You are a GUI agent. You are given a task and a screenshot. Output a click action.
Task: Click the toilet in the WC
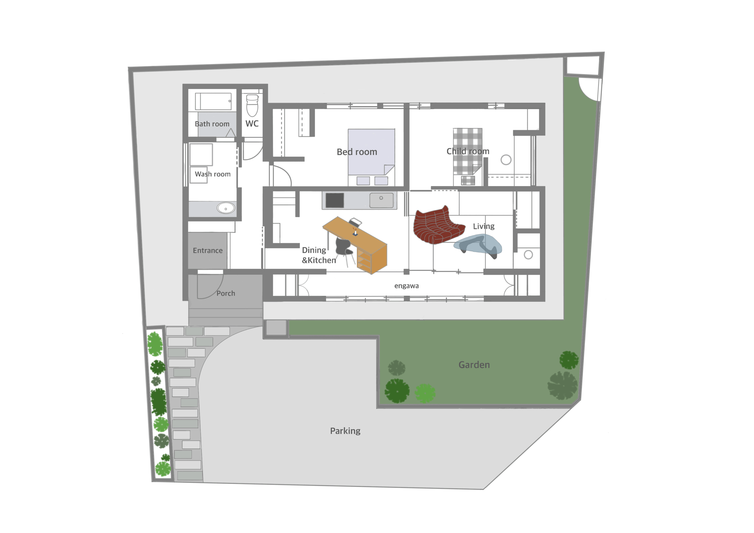[x=252, y=105]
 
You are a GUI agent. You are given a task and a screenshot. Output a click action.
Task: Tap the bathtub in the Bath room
[x=213, y=101]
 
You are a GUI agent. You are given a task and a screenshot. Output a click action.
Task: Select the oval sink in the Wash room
[x=226, y=208]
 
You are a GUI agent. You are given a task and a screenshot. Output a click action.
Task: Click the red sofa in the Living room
[x=438, y=225]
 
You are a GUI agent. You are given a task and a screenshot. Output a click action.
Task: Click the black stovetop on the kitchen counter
[x=335, y=200]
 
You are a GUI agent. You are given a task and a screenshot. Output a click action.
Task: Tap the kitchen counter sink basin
[x=381, y=200]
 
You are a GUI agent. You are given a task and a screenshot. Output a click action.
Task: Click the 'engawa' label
[x=406, y=286]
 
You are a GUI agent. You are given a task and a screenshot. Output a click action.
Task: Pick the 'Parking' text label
[x=345, y=431]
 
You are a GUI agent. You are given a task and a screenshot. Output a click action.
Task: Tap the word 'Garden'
[x=474, y=365]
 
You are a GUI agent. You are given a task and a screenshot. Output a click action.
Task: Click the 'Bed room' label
[x=357, y=152]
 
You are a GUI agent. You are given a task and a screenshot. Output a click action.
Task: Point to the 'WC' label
[x=252, y=123]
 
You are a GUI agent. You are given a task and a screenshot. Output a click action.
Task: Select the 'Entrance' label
[x=208, y=251]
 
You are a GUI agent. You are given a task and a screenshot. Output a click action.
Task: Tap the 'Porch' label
[x=226, y=293]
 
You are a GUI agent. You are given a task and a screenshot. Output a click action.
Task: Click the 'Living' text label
[x=484, y=226]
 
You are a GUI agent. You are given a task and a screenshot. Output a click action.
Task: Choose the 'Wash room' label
[x=213, y=174]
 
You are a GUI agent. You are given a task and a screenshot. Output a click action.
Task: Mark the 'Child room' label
[x=468, y=151]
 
